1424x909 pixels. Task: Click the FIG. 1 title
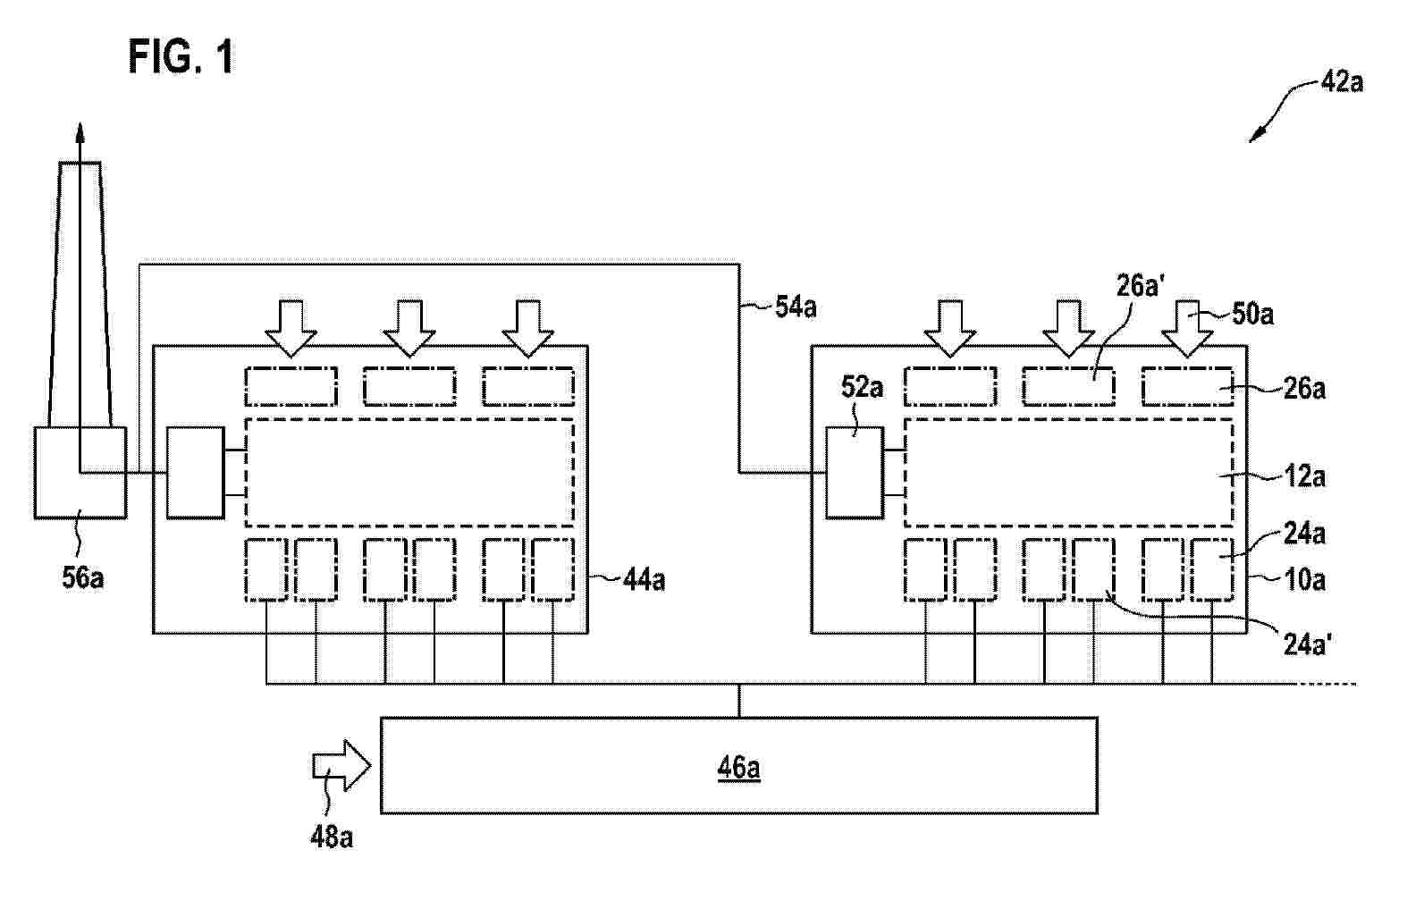pyautogui.click(x=181, y=56)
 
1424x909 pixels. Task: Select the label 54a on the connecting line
pyautogui.click(x=796, y=307)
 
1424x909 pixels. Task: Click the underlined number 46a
pyautogui.click(x=738, y=768)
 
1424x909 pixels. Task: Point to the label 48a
pyautogui.click(x=332, y=837)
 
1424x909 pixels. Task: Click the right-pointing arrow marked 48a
pyautogui.click(x=341, y=765)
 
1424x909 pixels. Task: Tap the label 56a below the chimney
pyautogui.click(x=83, y=577)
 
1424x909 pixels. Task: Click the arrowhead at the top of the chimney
pyautogui.click(x=80, y=131)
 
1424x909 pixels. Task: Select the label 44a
pyautogui.click(x=644, y=580)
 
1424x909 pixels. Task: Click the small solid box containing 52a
pyautogui.click(x=855, y=472)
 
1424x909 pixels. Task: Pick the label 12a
pyautogui.click(x=1304, y=476)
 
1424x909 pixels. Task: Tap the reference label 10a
pyautogui.click(x=1304, y=580)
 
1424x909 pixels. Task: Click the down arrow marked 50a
pyautogui.click(x=1187, y=328)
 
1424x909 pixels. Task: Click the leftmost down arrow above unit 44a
pyautogui.click(x=291, y=328)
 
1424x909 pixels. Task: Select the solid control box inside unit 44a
pyautogui.click(x=195, y=472)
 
